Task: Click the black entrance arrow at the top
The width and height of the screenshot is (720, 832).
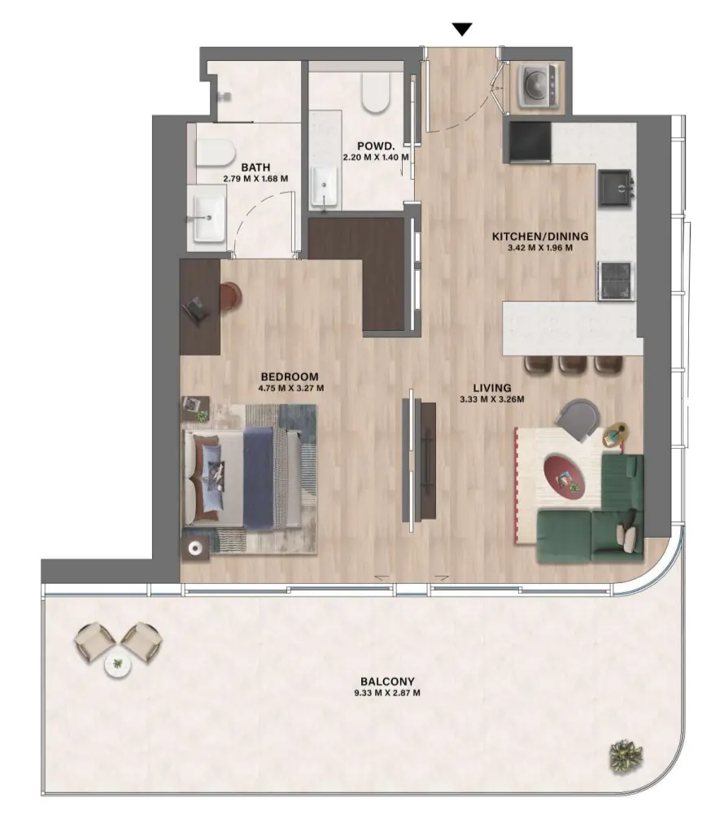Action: point(462,30)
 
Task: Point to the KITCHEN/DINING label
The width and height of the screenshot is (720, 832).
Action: point(539,237)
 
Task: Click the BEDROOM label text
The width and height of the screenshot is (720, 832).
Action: point(290,377)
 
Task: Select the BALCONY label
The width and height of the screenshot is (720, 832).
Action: point(388,682)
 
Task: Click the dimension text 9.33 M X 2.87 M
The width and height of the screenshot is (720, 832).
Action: point(388,694)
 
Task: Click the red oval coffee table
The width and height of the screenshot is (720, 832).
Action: point(565,475)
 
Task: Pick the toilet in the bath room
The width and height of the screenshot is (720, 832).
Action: point(216,150)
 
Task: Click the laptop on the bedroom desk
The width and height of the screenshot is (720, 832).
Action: point(195,307)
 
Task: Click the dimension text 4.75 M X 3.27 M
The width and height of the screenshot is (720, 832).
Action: point(290,388)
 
